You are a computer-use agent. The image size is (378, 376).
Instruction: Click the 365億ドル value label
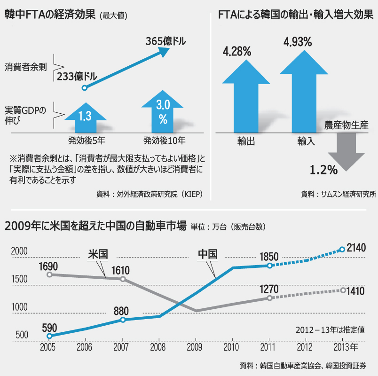coord(166,41)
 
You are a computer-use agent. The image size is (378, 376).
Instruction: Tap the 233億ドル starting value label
coord(78,76)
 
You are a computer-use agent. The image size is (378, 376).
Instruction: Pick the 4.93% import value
coord(297,42)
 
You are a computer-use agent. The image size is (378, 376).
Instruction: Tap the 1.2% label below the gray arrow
coord(323,170)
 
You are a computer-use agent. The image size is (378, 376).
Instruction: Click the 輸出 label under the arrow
coord(246,141)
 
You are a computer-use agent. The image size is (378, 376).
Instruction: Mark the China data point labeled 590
coord(49,336)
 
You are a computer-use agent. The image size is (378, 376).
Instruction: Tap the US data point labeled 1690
coord(49,274)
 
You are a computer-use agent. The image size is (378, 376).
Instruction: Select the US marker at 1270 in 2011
coord(269,298)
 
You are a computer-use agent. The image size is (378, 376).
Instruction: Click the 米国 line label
coord(98,254)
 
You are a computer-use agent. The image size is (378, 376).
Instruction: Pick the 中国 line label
coord(207,254)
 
